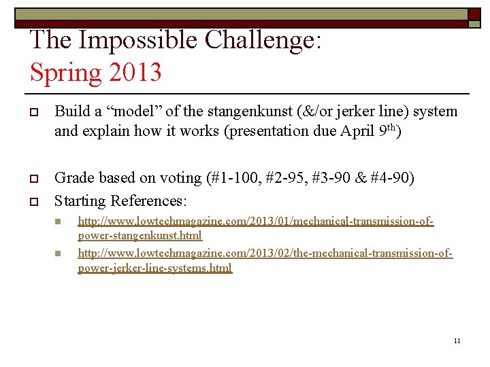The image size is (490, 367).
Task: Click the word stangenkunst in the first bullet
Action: coord(260,111)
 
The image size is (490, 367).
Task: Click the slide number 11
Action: coord(457,340)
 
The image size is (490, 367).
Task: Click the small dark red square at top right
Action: coord(474,14)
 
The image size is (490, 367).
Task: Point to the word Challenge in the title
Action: coord(263,41)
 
